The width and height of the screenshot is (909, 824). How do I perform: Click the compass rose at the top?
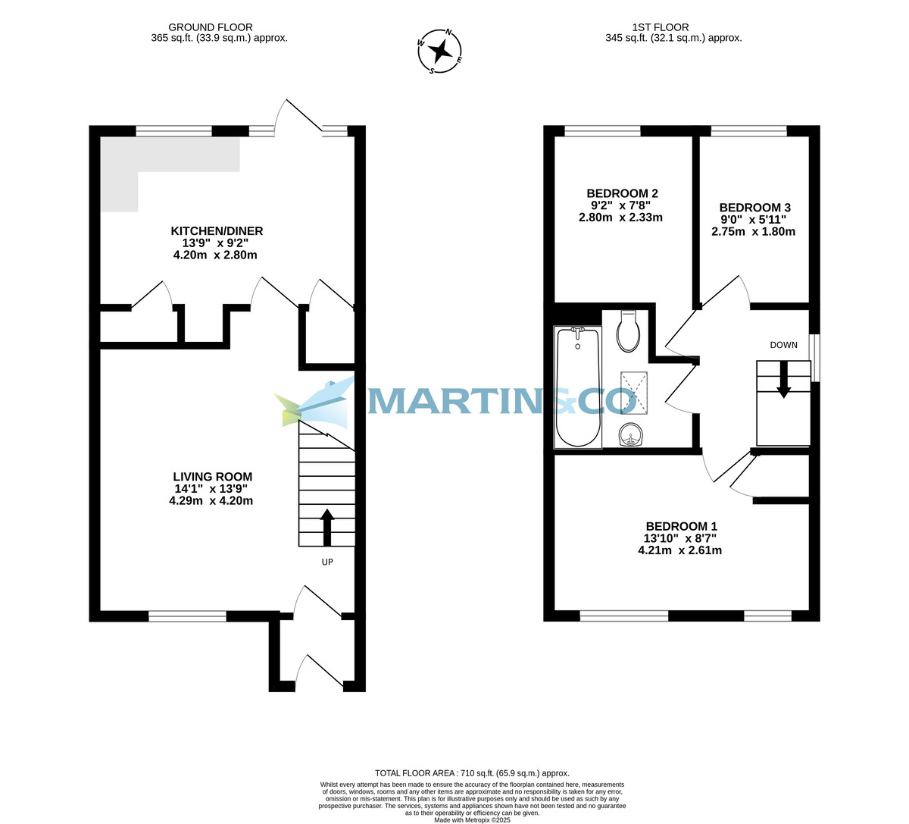[440, 52]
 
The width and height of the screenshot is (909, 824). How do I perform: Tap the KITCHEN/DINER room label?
[217, 231]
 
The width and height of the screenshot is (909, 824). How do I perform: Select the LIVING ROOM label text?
[212, 477]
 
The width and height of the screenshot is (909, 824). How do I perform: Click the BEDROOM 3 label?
[754, 208]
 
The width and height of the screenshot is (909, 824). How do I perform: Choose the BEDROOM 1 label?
[681, 526]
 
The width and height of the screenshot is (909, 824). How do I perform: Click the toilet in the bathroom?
[629, 332]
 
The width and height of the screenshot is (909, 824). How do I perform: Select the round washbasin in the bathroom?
[630, 435]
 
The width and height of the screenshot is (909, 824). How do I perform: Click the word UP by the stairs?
[327, 562]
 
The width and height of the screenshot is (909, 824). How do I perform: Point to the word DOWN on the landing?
[783, 345]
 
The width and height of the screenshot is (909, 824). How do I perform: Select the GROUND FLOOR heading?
[211, 27]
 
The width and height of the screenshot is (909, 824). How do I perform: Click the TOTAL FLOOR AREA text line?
[472, 773]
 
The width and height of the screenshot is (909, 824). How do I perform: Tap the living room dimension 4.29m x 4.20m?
[211, 501]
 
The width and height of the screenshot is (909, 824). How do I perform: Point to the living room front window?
[187, 616]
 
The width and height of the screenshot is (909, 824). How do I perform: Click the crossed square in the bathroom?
[634, 392]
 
